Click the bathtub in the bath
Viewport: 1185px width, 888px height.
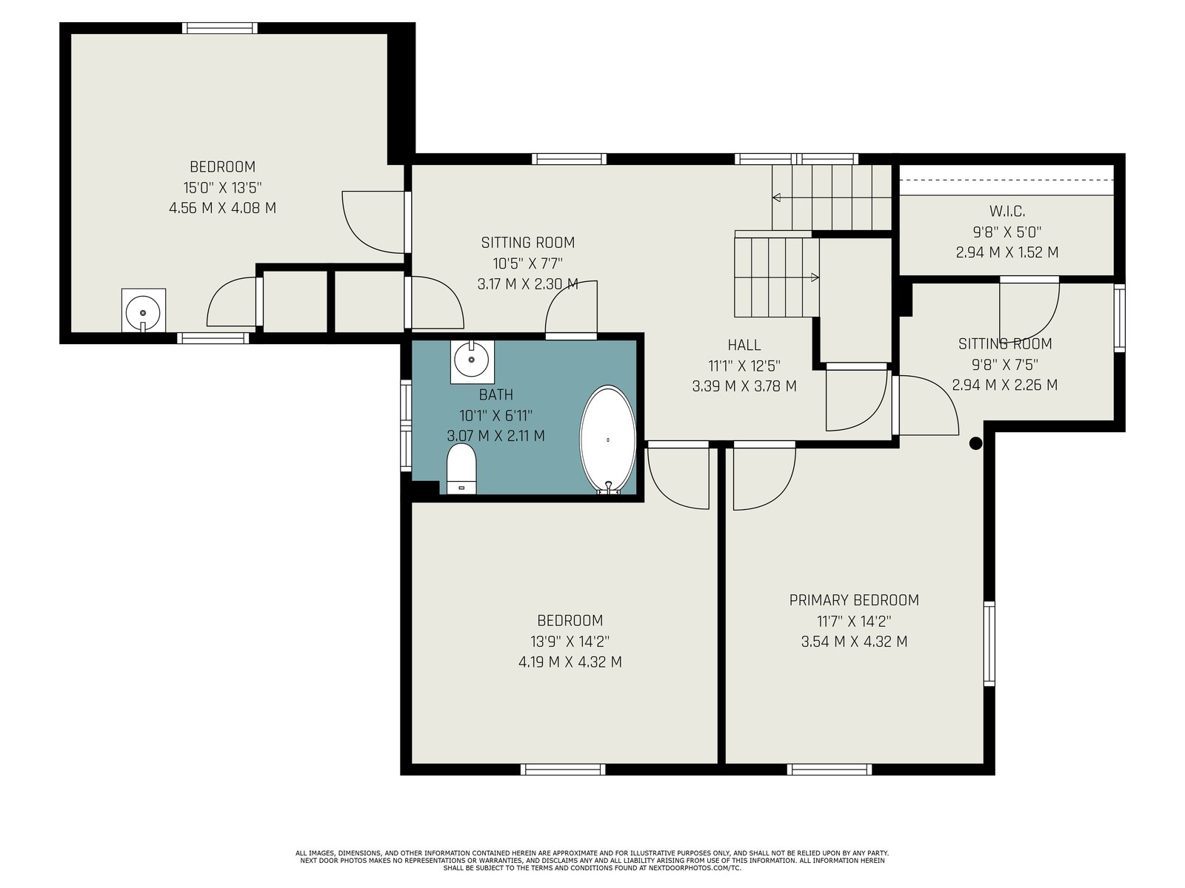click(607, 440)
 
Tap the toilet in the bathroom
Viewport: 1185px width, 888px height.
click(461, 468)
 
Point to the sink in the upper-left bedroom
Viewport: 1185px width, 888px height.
click(143, 312)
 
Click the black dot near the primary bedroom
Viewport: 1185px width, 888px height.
click(975, 443)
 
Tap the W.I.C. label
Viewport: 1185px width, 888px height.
click(1007, 211)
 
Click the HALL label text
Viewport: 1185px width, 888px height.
click(744, 345)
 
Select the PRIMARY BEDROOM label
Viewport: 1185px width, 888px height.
click(854, 600)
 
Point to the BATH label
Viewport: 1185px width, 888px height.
click(496, 394)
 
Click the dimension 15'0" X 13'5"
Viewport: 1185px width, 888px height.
click(222, 188)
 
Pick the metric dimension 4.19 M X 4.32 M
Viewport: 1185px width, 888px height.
click(570, 662)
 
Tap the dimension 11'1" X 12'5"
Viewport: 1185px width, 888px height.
click(744, 366)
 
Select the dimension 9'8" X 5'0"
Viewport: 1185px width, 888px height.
click(1007, 232)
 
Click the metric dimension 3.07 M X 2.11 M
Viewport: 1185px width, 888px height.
click(496, 436)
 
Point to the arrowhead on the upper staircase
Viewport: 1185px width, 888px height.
click(776, 198)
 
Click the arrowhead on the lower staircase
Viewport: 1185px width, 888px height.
click(815, 277)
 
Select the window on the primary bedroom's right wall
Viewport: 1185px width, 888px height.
click(989, 644)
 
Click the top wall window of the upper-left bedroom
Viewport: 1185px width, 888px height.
click(219, 28)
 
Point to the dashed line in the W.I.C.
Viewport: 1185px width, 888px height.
click(1007, 180)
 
